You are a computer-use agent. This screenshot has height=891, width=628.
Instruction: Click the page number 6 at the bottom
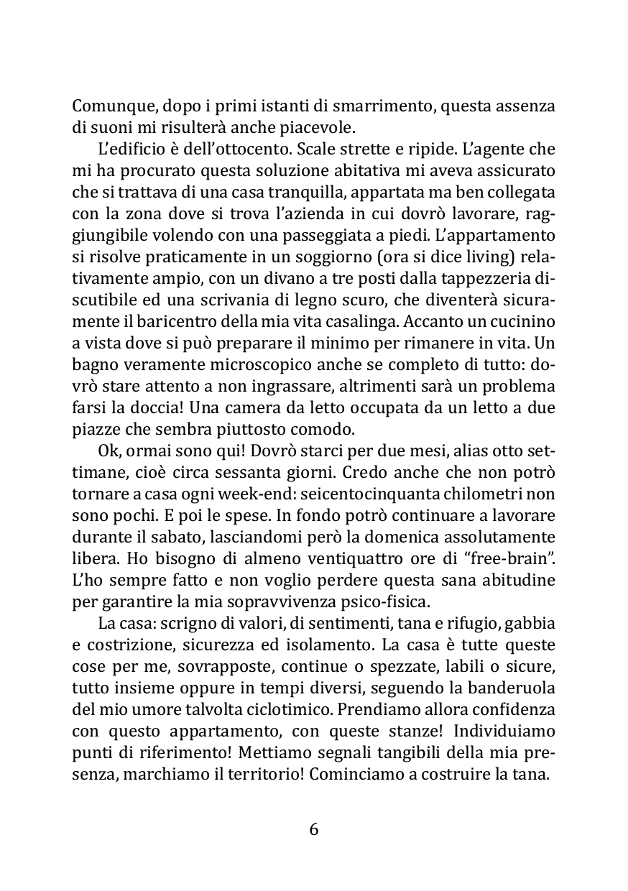tap(313, 829)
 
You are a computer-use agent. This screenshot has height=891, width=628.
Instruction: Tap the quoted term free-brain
tap(512, 558)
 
